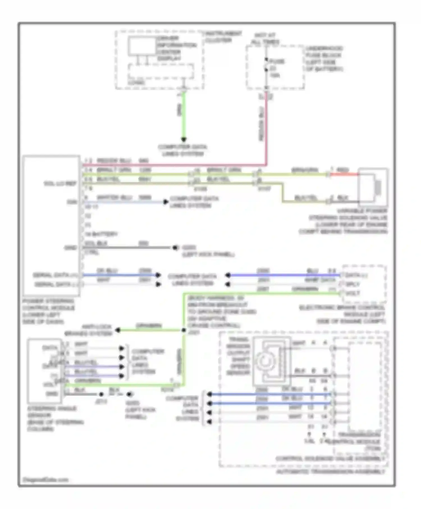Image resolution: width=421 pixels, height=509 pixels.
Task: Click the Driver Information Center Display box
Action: [x=142, y=46]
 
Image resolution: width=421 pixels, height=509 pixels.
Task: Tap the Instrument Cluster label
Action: [x=223, y=37]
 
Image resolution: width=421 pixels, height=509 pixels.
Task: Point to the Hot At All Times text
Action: [x=265, y=39]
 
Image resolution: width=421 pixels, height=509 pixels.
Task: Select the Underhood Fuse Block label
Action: [x=324, y=59]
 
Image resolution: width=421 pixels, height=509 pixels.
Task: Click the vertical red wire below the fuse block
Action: [x=266, y=126]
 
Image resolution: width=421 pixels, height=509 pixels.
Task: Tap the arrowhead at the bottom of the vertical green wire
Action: [x=184, y=139]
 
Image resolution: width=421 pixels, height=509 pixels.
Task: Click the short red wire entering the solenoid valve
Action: [x=344, y=174]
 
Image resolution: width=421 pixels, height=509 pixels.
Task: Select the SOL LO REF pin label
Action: [x=60, y=184]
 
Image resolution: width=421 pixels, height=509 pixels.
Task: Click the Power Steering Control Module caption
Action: [x=48, y=311]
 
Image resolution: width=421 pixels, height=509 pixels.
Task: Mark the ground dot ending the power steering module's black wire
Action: [x=175, y=247]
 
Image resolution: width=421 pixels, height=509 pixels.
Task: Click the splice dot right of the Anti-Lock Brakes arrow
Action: [x=184, y=330]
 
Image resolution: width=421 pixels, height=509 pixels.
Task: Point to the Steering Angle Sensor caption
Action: [x=55, y=419]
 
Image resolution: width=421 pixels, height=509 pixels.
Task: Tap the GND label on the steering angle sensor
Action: [x=52, y=394]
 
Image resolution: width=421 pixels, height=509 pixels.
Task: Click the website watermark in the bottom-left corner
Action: [x=45, y=480]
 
